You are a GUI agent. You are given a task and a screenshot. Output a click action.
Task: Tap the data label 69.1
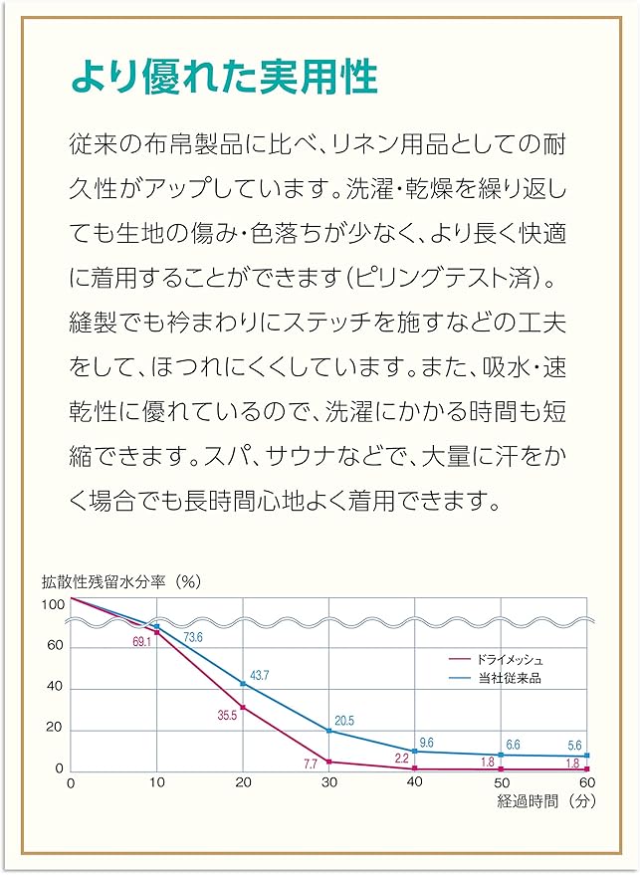(140, 642)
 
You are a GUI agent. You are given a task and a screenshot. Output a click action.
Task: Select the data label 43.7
(259, 676)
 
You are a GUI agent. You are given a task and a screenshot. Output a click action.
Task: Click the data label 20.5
(344, 721)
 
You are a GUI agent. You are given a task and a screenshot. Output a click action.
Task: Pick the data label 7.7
(310, 765)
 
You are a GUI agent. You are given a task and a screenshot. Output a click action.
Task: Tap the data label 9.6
(427, 742)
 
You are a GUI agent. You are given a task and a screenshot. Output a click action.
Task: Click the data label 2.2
(402, 759)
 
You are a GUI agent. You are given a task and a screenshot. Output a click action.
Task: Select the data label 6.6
(514, 745)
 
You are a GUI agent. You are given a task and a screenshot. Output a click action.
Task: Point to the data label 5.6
(574, 746)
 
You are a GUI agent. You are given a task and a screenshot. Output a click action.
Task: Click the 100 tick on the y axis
(52, 604)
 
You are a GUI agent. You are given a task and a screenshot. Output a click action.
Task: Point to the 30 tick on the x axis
(327, 783)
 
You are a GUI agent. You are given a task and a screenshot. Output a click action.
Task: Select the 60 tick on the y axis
(55, 645)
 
